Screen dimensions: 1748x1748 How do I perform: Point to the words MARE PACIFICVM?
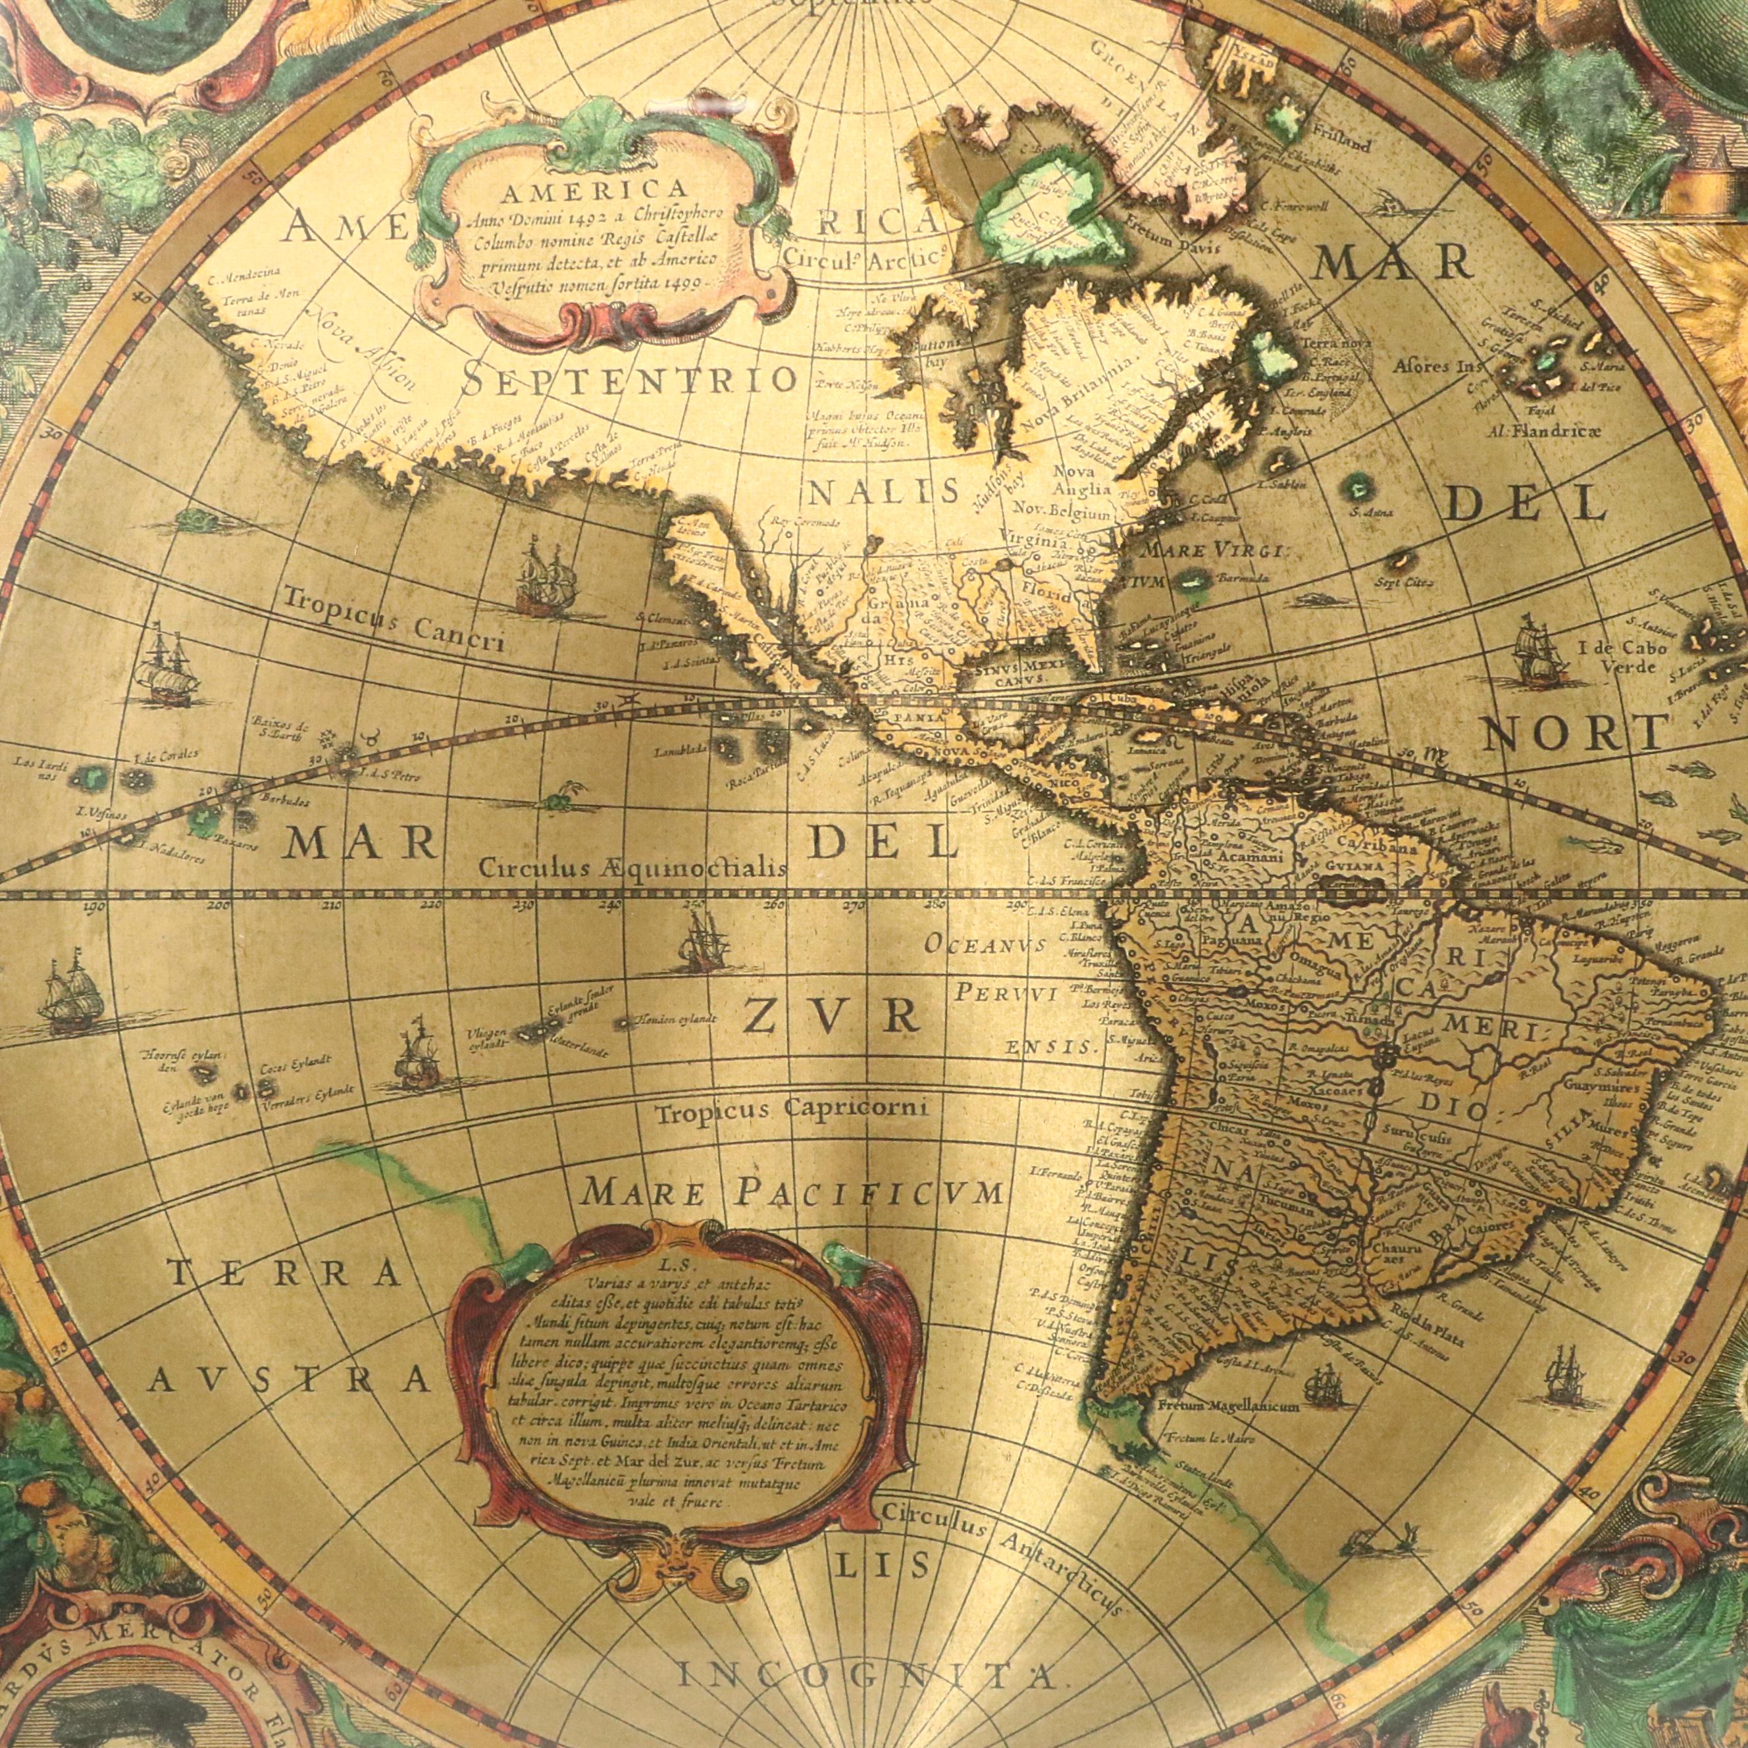792,1193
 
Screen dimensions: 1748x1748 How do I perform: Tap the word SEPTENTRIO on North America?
628,378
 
